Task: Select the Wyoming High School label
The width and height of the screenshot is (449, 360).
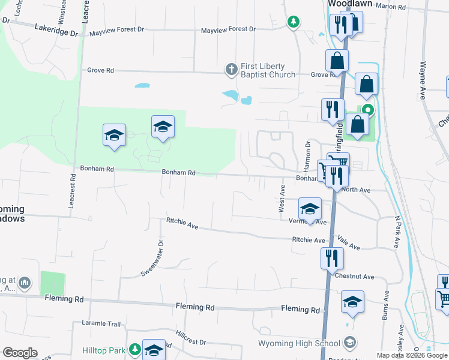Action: coord(299,344)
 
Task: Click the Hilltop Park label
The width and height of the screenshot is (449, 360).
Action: coord(104,349)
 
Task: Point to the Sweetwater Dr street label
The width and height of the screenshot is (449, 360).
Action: coord(151,258)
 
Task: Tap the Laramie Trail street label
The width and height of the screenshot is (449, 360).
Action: coord(100,323)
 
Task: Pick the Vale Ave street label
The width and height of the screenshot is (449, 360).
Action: coord(348,242)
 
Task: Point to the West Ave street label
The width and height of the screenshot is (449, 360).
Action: coord(282,198)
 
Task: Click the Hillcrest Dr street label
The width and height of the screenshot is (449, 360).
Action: coord(191,337)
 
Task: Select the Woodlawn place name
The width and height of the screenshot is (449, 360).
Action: coord(350,4)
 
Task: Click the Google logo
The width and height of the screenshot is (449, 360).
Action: coord(20,353)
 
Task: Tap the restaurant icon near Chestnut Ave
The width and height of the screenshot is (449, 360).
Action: coord(332,259)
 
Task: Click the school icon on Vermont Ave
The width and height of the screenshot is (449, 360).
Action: coord(310,209)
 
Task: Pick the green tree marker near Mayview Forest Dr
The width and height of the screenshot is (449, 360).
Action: coord(293,22)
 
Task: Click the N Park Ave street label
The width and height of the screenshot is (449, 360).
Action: coord(397,231)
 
